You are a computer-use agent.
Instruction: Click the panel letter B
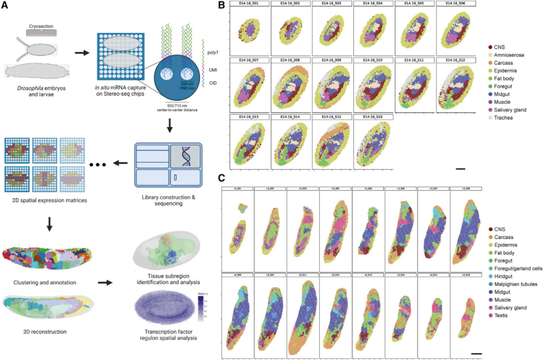(221, 5)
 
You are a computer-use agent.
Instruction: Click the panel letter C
(221, 178)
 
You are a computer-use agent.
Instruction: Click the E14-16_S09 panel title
(331, 59)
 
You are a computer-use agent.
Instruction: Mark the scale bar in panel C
(476, 353)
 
